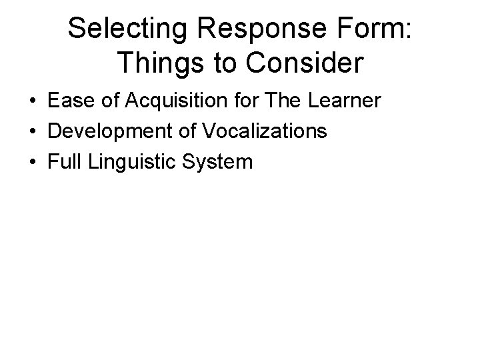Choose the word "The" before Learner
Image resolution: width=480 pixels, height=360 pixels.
point(280,102)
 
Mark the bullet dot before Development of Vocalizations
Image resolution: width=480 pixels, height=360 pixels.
point(33,132)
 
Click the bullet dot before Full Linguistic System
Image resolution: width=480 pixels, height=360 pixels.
point(33,161)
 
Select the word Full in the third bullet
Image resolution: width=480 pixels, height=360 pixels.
point(65,161)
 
